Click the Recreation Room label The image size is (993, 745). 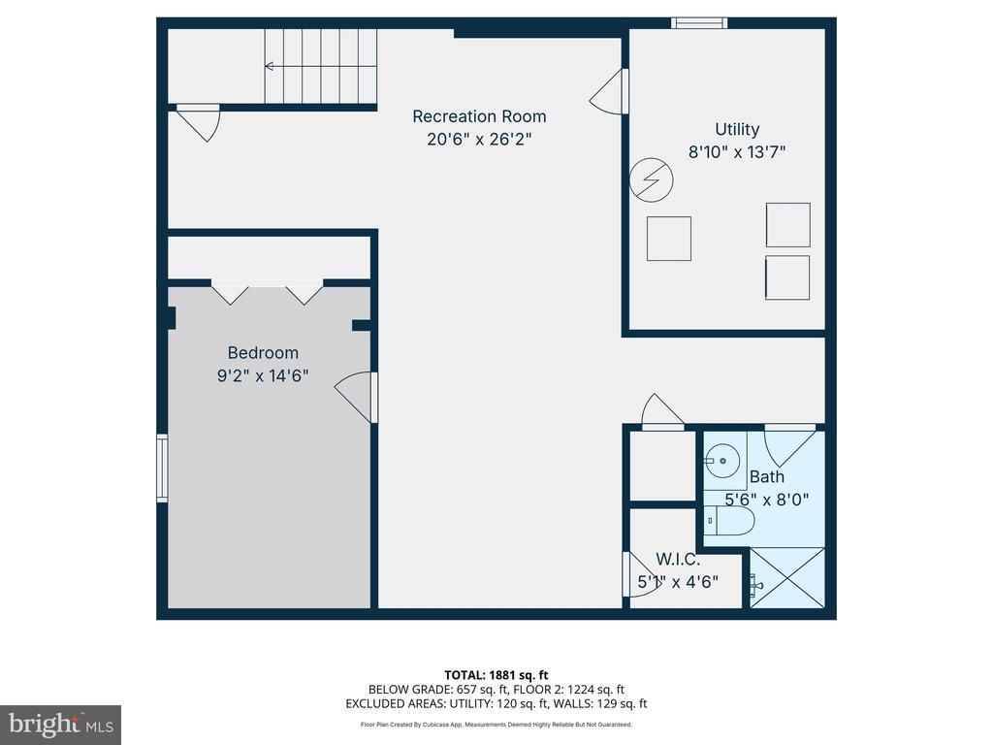(x=479, y=116)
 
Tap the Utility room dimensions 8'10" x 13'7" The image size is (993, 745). (x=737, y=152)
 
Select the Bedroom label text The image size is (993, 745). (x=263, y=353)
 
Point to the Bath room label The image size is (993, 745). (x=767, y=476)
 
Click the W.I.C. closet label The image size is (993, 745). (x=678, y=560)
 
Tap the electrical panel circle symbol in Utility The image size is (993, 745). (x=651, y=179)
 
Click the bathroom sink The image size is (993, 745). (x=721, y=461)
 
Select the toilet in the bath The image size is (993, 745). (x=729, y=521)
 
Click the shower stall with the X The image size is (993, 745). (x=787, y=578)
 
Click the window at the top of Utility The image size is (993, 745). (x=699, y=23)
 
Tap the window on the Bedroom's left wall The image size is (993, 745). (x=162, y=469)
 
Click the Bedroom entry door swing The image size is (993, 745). (x=356, y=397)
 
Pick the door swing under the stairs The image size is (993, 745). (x=198, y=122)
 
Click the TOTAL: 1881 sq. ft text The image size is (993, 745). (x=496, y=675)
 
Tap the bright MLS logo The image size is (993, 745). (x=60, y=725)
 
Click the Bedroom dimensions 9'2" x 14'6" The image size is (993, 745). (x=263, y=375)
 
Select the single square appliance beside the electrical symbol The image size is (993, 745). (x=669, y=239)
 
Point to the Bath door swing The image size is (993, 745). (x=789, y=446)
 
